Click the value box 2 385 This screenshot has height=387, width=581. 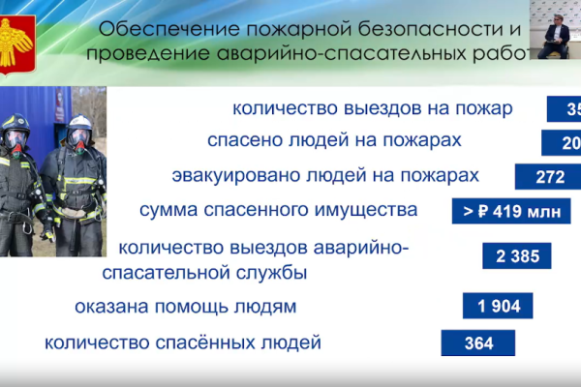tap(517, 255)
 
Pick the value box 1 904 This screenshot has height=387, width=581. tap(498, 308)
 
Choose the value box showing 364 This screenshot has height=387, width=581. tap(478, 343)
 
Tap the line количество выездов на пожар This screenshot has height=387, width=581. tap(372, 108)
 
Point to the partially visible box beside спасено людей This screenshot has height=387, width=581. tap(561, 143)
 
